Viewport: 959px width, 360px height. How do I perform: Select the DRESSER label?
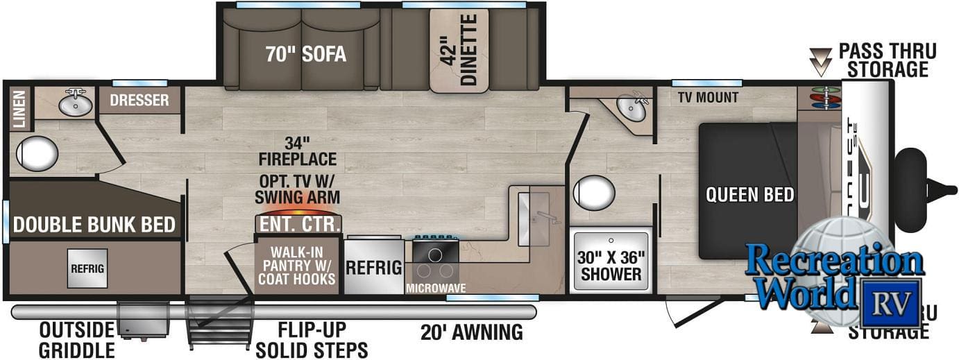[139, 101]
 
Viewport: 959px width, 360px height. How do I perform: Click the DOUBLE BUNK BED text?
[94, 225]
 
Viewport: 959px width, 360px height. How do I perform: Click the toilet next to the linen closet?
[37, 152]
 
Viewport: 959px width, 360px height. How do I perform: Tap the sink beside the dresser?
[75, 103]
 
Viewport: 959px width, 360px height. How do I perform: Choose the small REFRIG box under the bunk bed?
[87, 268]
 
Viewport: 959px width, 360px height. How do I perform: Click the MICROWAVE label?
[436, 287]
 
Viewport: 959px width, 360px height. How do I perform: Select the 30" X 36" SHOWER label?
[611, 265]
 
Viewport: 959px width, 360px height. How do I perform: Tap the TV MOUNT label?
[708, 98]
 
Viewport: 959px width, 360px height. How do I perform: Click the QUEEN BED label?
[749, 194]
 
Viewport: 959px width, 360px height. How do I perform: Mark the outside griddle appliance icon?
[143, 320]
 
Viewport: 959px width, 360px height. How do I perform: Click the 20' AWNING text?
[471, 332]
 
